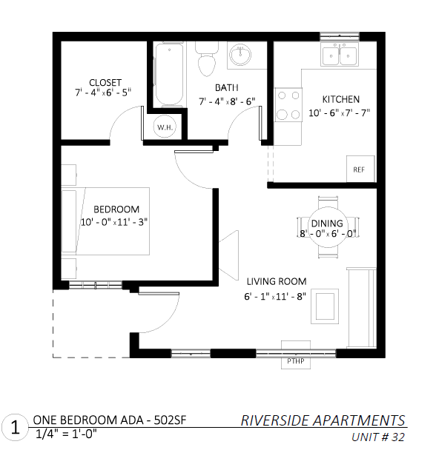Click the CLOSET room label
point(105,82)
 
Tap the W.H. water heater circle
point(165,127)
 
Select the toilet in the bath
point(207,59)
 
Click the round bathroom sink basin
point(240,55)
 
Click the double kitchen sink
point(340,54)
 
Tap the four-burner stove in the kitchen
point(288,104)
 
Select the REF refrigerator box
point(360,169)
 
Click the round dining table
point(328,227)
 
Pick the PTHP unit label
point(295,361)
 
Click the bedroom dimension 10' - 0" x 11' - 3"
point(114,222)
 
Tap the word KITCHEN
point(341,99)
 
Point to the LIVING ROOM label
point(277,281)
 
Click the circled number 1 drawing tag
point(15,428)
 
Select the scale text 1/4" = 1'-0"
point(66,434)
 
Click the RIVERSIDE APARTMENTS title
point(323,420)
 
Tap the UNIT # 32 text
point(378,437)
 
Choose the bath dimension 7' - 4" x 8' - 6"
point(227,101)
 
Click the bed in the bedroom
point(105,221)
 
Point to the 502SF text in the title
point(170,420)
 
